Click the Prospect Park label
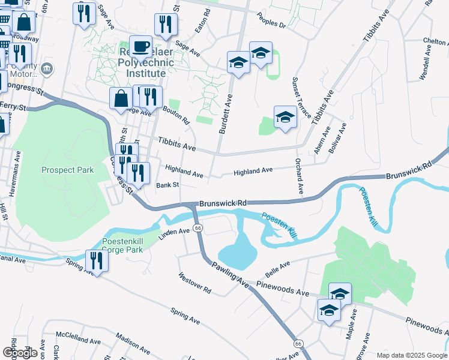pyautogui.click(x=68, y=170)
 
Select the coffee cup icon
pyautogui.click(x=140, y=46)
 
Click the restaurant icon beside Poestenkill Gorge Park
pyautogui.click(x=96, y=260)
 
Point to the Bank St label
pyautogui.click(x=167, y=185)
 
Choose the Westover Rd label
pyautogui.click(x=194, y=283)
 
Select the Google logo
pyautogui.click(x=20, y=353)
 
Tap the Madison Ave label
pyautogui.click(x=133, y=344)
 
